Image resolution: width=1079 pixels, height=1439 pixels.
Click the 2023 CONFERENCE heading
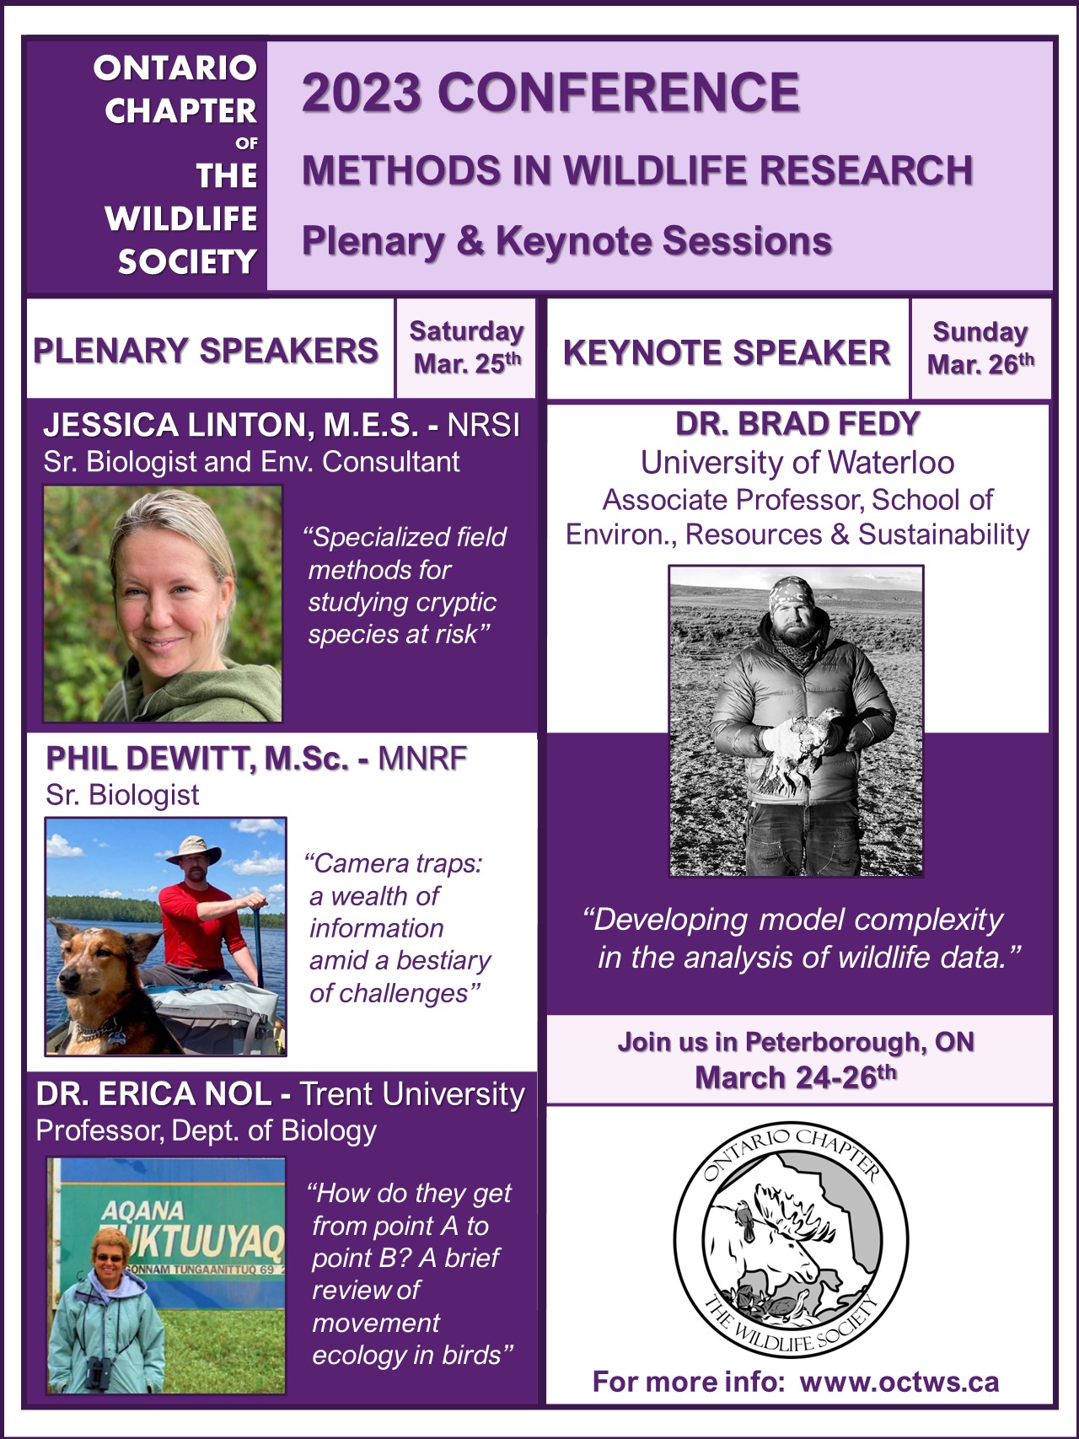pos(550,93)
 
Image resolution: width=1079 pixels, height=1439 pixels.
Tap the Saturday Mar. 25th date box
pos(466,347)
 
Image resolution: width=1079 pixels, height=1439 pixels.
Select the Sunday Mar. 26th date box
pos(981,348)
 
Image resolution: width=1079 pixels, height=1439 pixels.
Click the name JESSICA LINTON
pos(229,425)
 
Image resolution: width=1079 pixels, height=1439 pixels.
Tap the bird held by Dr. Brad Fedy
pos(805,742)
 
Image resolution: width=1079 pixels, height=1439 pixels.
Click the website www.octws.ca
pos(899,1382)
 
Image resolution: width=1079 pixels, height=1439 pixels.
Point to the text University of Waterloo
pos(797,462)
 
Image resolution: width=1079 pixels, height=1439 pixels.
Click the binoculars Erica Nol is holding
pos(98,1373)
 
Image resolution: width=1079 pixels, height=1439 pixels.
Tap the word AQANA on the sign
pos(143,1211)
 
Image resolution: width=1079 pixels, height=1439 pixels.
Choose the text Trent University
pos(412,1093)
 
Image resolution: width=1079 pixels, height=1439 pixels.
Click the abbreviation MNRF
pos(422,759)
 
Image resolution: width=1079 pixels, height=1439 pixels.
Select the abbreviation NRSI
pos(484,425)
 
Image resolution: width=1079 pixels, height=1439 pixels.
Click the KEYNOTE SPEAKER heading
pos(727,352)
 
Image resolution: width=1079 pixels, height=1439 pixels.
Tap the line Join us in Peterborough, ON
pos(796,1042)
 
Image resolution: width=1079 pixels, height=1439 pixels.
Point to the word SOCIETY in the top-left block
pos(187,262)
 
